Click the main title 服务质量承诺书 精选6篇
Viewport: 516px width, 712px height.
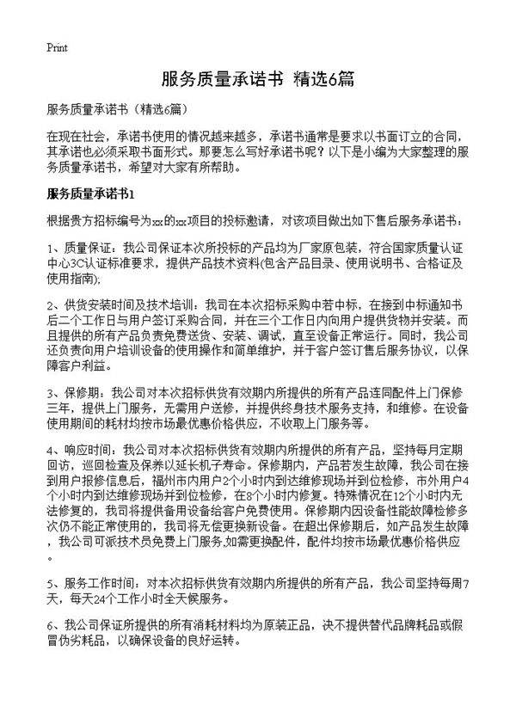coord(258,79)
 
